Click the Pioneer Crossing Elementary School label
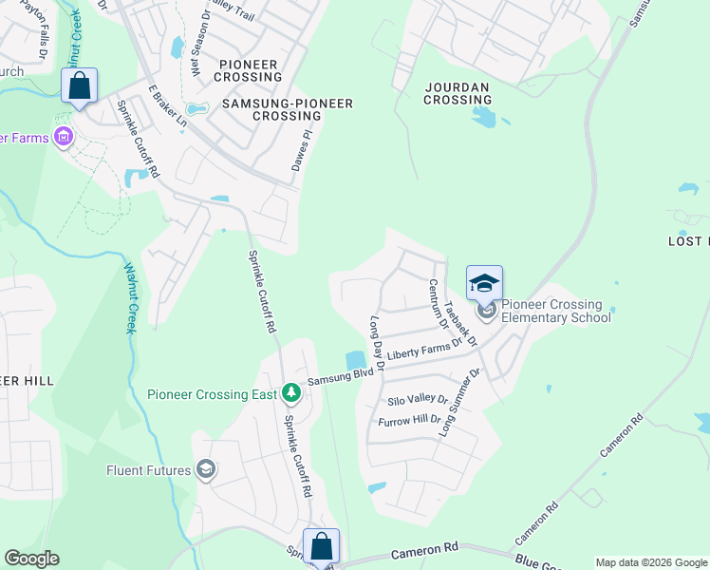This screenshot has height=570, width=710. [555, 311]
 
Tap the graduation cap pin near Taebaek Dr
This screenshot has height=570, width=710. [484, 283]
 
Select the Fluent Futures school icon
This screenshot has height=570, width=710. [206, 469]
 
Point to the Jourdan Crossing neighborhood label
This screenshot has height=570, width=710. [457, 93]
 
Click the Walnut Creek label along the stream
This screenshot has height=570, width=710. [130, 299]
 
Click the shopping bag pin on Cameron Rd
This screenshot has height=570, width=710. [322, 546]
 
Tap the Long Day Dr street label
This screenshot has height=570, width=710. [377, 343]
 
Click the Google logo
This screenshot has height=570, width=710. [31, 559]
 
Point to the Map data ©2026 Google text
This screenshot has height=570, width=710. [651, 562]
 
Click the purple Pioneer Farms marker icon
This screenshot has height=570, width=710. [64, 138]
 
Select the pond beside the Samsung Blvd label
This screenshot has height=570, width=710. [356, 360]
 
